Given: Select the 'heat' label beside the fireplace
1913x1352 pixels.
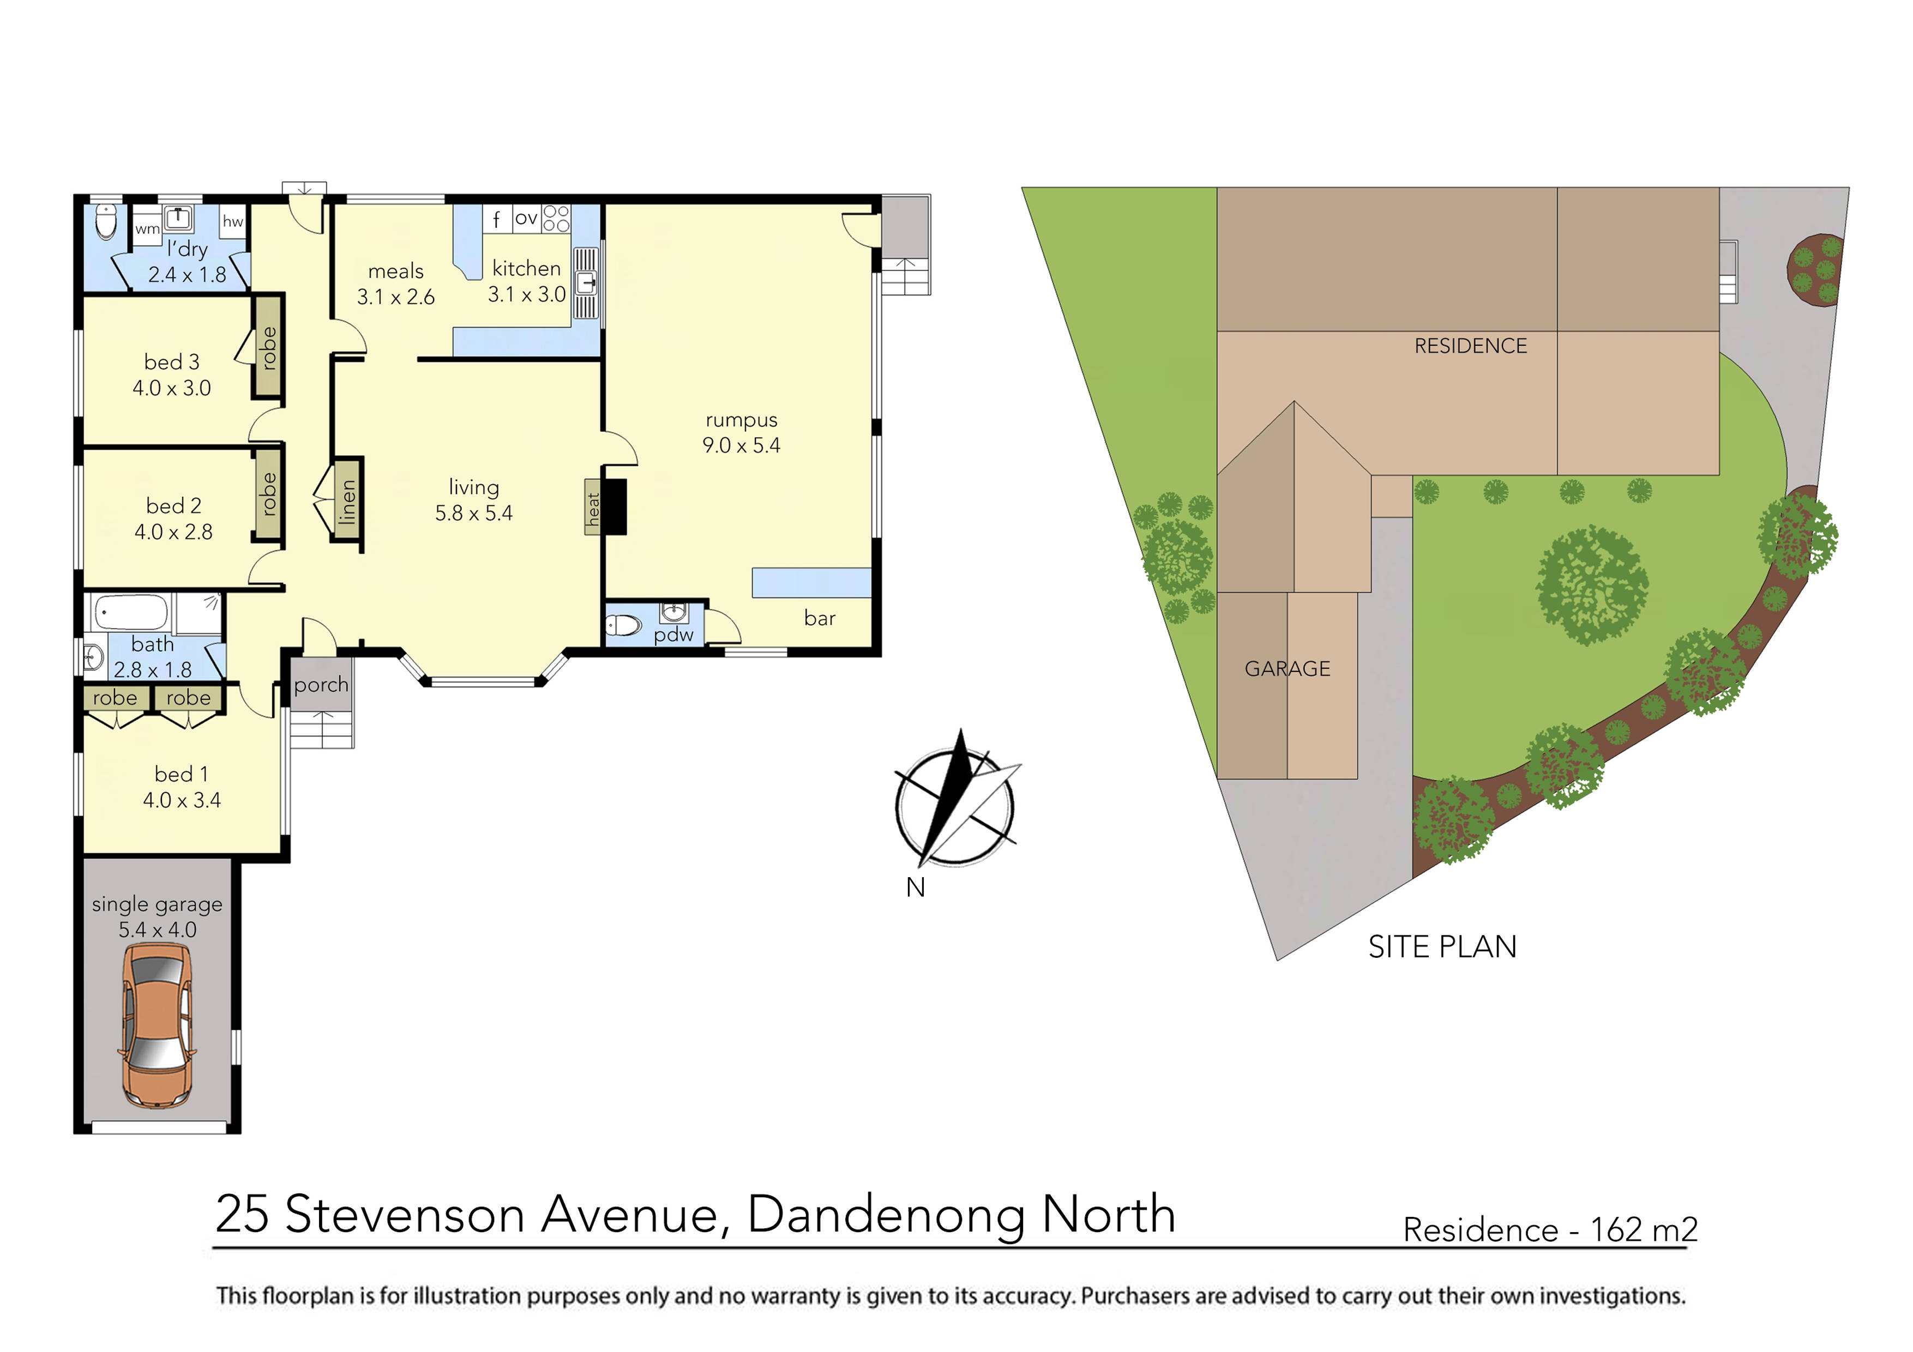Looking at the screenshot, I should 592,506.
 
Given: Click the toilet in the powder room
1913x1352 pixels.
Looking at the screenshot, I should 623,625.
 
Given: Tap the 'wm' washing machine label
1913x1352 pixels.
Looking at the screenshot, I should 147,228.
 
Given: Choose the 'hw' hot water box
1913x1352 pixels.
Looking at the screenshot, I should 232,221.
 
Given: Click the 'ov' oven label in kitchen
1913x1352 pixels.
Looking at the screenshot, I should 526,218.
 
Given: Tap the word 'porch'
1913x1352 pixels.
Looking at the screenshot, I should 321,685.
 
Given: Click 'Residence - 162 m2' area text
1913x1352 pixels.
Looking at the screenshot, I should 1550,1229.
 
